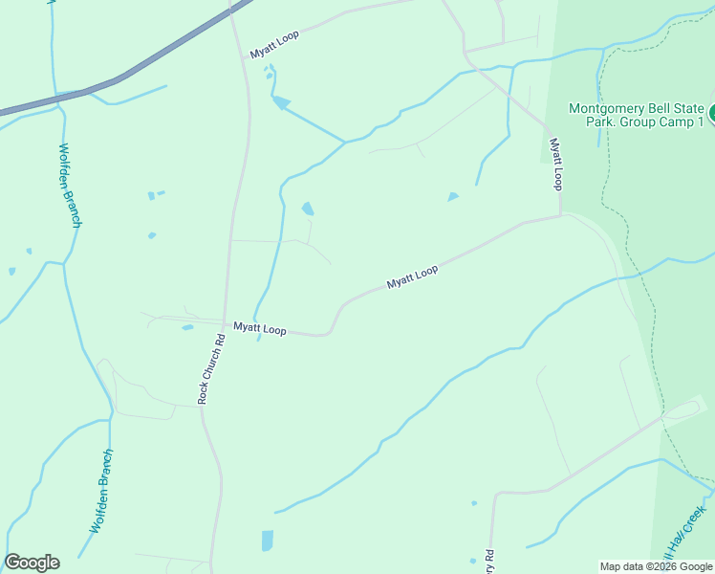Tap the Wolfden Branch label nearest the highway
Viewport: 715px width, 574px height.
coord(71,185)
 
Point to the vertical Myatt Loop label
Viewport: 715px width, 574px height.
coord(554,164)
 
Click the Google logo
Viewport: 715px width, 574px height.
coord(32,563)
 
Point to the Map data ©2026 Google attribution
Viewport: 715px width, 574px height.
coord(656,566)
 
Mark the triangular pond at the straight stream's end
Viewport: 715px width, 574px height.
coord(280,101)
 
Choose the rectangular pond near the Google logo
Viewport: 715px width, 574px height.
coord(267,541)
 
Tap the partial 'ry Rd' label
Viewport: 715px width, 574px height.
coord(488,561)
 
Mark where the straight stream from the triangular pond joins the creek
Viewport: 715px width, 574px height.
coord(345,142)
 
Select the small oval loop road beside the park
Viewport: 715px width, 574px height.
coord(685,409)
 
